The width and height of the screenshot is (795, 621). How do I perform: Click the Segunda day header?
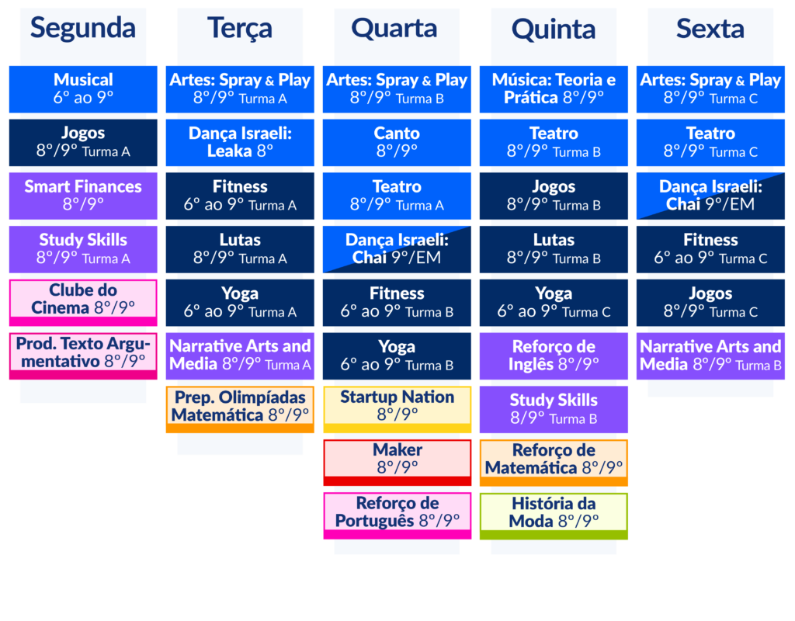[x=83, y=29]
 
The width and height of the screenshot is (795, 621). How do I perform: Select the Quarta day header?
[x=394, y=29]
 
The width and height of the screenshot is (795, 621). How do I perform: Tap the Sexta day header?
[x=710, y=29]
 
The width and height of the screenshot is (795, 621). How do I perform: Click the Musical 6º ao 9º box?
[x=83, y=89]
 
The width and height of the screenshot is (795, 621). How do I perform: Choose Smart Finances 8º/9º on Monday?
[x=83, y=196]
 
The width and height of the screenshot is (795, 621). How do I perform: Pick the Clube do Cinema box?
[x=83, y=303]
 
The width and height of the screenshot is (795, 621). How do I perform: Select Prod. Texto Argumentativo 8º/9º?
[x=83, y=356]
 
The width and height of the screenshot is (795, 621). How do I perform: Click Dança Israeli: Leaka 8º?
[x=240, y=143]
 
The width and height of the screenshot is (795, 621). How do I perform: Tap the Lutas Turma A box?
[x=240, y=249]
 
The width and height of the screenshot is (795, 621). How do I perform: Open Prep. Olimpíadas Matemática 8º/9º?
[x=240, y=410]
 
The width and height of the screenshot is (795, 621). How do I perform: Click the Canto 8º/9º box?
[x=397, y=143]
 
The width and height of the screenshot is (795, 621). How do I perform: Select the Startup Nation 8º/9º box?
[x=397, y=410]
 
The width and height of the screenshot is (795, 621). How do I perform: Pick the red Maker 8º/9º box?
[x=397, y=463]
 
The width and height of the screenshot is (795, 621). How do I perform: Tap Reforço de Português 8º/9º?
[x=397, y=515]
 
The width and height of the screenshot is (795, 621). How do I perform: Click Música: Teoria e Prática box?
[x=554, y=89]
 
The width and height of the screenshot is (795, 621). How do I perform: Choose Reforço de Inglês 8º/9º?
[x=554, y=356]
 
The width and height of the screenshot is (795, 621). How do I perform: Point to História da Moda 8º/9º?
[x=554, y=516]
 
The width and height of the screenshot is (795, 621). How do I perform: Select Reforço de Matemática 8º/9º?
[x=554, y=463]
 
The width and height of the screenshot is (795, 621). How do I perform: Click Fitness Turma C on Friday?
[x=710, y=249]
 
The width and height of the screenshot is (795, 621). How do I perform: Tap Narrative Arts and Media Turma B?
[x=710, y=356]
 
